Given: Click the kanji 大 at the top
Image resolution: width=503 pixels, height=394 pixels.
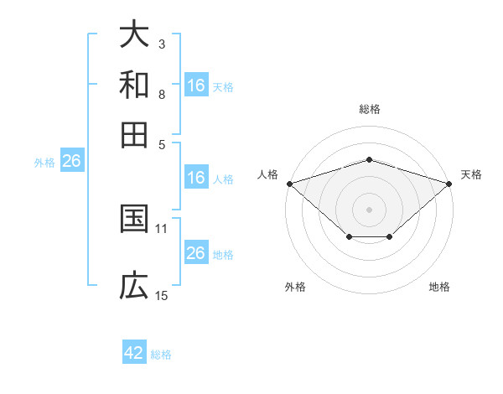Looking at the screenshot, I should [134, 34].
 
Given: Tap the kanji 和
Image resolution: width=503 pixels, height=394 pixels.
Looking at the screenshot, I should [134, 85].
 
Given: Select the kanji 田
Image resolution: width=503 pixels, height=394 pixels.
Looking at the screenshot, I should [134, 134].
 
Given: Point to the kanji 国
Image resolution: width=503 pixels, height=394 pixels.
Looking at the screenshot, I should [134, 219].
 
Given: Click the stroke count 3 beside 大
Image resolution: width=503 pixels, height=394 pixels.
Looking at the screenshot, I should [162, 44].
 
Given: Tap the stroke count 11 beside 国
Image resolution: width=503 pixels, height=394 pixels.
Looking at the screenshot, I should [162, 228].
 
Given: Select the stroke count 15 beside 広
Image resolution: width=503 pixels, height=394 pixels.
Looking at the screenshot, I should [162, 295].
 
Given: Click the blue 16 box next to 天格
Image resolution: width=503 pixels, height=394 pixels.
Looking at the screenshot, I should [196, 86].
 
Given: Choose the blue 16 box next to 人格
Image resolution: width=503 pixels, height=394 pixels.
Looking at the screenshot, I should [196, 178].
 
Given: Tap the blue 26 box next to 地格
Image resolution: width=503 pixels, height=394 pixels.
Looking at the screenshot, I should [196, 253].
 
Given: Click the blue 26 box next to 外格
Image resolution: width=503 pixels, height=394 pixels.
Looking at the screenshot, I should [71, 162].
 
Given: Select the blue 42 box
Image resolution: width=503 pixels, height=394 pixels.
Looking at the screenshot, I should [134, 353].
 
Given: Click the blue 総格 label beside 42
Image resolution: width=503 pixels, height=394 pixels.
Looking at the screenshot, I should [161, 355].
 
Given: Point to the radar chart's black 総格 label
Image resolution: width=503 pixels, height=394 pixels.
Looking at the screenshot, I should [369, 109].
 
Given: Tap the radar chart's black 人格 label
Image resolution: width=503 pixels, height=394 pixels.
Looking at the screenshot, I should [268, 174].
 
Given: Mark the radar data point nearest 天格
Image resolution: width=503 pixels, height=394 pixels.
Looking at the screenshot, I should [449, 183].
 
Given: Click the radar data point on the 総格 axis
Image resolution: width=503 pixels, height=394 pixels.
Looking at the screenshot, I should [369, 159].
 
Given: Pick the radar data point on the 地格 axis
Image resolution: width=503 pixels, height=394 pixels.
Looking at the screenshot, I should [390, 238].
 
